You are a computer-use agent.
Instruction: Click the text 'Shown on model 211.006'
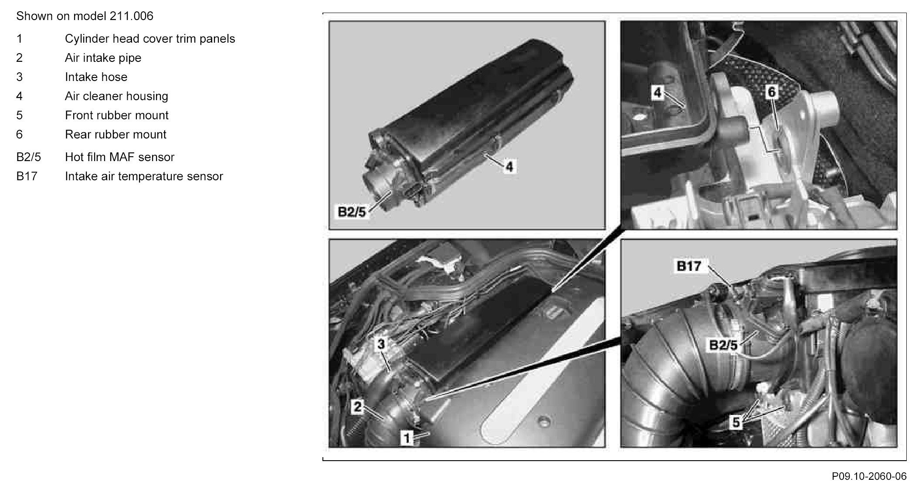85,16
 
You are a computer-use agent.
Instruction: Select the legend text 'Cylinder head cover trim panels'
150,39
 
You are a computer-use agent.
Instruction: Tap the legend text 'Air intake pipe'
103,58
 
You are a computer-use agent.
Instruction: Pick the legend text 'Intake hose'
96,77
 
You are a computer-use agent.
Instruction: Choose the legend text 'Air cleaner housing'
116,96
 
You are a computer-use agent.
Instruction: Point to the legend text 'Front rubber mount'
116,115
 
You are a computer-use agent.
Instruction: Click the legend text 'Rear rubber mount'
115,135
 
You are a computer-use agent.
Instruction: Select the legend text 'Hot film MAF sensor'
119,157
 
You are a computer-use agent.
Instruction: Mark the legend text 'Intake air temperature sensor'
144,176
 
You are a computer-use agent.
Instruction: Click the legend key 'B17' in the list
27,176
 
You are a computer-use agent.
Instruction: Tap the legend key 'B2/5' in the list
28,157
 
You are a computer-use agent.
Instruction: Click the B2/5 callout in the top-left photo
352,212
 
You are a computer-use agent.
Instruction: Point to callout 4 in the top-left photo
509,166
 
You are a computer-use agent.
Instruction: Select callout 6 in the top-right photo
771,92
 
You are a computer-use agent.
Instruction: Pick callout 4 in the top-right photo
657,92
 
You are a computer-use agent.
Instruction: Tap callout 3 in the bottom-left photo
381,344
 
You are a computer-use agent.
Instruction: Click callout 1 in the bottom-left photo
407,438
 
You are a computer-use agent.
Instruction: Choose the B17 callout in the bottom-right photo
689,266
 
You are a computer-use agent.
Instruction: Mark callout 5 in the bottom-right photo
736,422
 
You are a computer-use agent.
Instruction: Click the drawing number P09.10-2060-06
869,476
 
